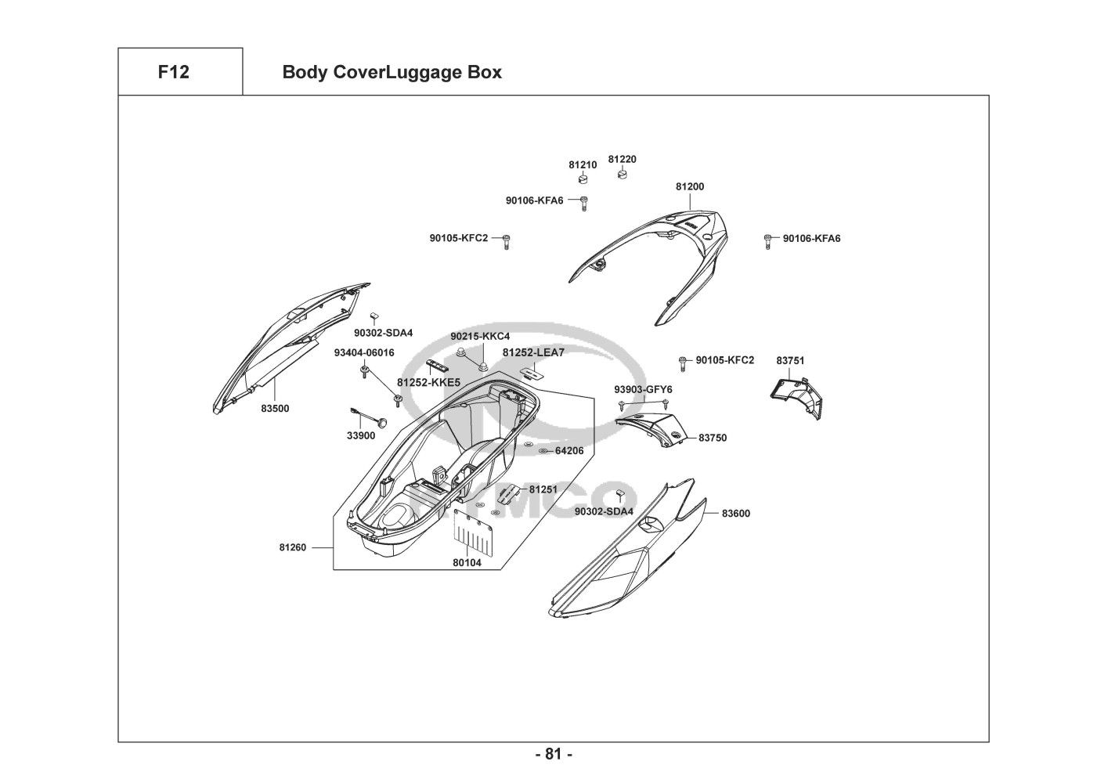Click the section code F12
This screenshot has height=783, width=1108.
(x=173, y=73)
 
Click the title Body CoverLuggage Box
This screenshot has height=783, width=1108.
(x=392, y=73)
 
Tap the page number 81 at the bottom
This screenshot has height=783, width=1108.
(x=554, y=755)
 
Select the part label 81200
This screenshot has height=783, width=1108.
(x=690, y=187)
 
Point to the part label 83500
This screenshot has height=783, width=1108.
(x=275, y=408)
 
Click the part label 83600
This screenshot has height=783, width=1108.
(x=735, y=514)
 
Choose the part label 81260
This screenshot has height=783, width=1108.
(x=292, y=547)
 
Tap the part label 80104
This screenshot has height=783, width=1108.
(x=467, y=562)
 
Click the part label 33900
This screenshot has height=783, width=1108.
(x=361, y=436)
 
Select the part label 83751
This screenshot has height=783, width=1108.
(x=790, y=361)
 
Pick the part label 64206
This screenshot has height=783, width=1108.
(x=569, y=451)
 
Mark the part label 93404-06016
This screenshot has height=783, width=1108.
(x=364, y=353)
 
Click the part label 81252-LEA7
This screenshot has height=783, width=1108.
(x=533, y=353)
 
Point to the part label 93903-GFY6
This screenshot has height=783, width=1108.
(x=643, y=389)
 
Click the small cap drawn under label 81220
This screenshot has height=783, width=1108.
(x=622, y=173)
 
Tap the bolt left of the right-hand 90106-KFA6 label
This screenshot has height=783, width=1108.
(x=768, y=240)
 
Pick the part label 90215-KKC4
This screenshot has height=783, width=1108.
(x=480, y=337)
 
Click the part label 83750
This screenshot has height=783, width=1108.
(x=713, y=438)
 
